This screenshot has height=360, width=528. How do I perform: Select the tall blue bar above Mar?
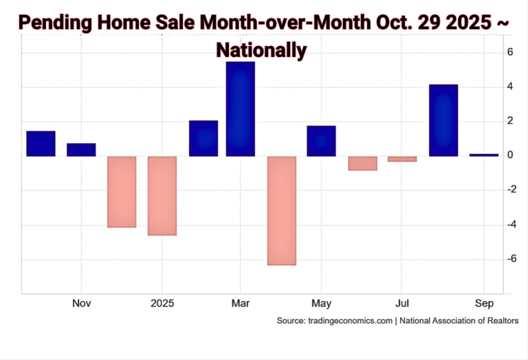click(241, 109)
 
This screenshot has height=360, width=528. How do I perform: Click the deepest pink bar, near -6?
click(282, 210)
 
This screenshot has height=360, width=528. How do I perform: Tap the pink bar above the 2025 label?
click(162, 196)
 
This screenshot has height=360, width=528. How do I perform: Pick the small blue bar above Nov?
click(81, 150)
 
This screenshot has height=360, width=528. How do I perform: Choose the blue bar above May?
click(321, 141)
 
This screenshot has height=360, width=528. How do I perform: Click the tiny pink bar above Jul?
click(402, 159)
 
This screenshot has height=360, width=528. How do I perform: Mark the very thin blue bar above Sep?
click(484, 155)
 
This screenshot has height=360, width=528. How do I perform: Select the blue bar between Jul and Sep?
click(443, 120)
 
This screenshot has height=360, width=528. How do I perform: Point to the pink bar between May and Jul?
click(362, 163)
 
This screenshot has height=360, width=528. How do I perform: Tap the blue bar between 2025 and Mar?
click(203, 138)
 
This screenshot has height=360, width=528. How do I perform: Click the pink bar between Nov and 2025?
click(122, 192)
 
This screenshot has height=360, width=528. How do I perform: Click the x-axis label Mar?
click(241, 303)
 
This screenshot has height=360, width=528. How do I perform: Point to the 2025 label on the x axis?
click(162, 303)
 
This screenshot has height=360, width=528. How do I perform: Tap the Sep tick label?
click(484, 303)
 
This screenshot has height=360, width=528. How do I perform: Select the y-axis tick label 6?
click(511, 53)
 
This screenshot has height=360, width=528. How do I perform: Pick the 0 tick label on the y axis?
click(511, 155)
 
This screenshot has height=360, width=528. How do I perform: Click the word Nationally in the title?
click(261, 49)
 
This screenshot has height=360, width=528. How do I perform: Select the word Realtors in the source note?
click(500, 321)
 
